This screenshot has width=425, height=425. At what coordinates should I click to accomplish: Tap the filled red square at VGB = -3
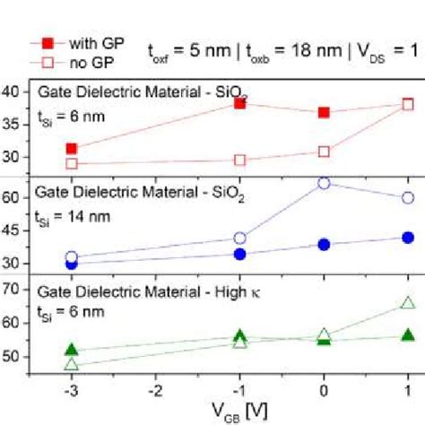[x=72, y=149]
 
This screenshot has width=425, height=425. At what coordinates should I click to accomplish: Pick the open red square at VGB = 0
[x=325, y=152]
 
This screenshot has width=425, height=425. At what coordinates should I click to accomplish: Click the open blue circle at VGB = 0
[x=325, y=183]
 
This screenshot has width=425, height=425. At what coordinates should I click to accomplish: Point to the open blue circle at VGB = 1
[x=408, y=197]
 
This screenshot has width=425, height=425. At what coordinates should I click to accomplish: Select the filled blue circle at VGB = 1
[x=408, y=238]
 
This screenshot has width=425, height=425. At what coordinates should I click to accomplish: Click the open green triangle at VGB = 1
[x=408, y=303]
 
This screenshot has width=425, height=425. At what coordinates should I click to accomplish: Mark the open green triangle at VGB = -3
[x=72, y=364]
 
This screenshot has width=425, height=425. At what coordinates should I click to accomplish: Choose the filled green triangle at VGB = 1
[x=408, y=334]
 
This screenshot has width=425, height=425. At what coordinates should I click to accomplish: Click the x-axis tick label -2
[x=155, y=392]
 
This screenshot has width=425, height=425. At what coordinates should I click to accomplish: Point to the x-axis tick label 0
[x=325, y=392]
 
